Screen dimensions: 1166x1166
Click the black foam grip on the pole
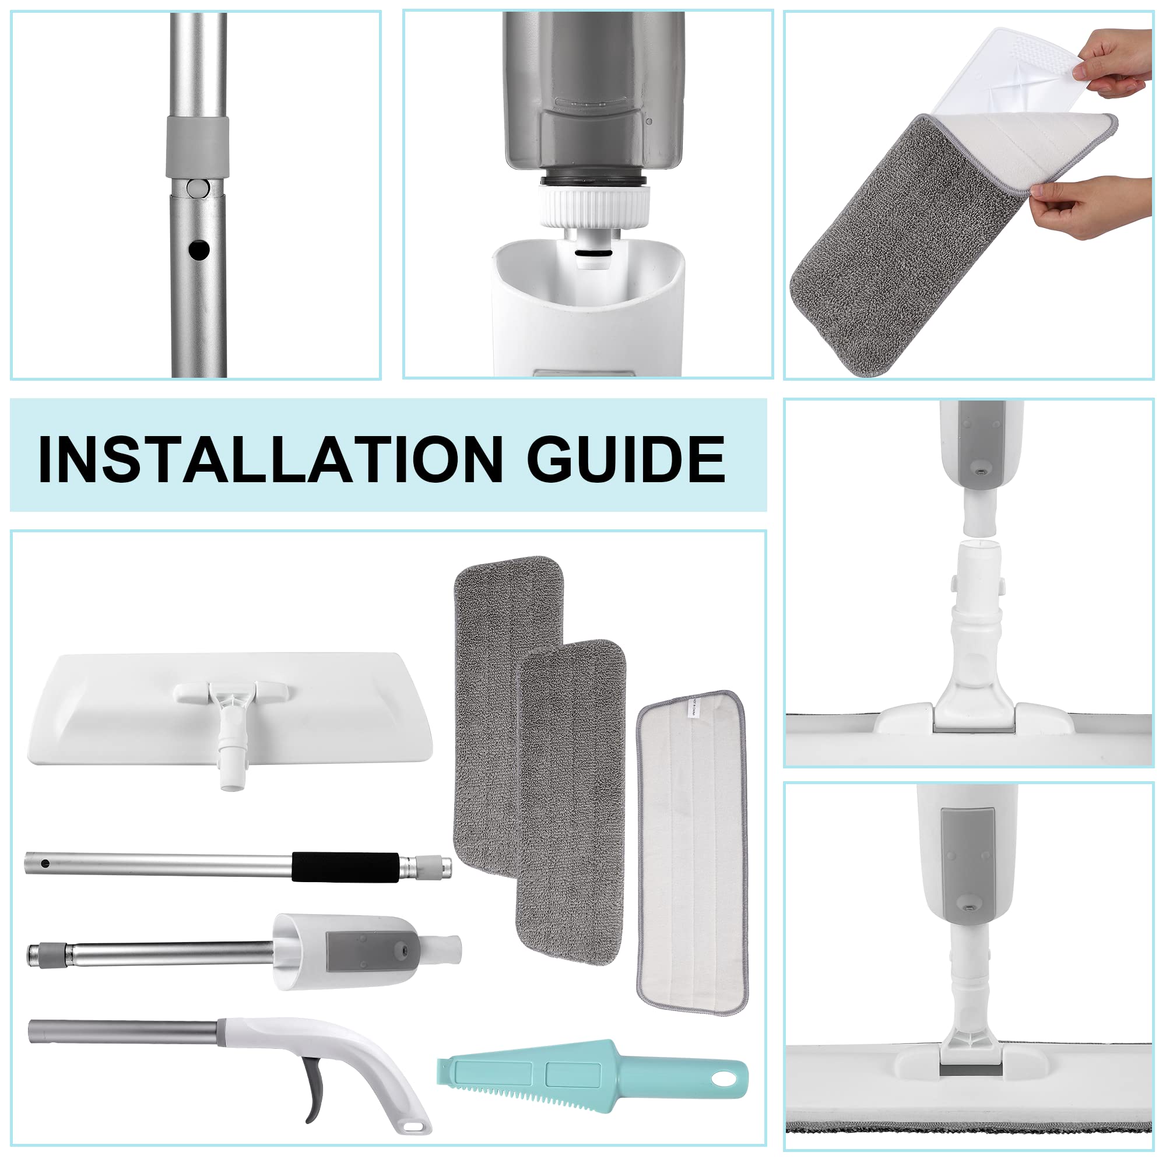(346, 868)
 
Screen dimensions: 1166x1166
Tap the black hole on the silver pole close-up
(199, 250)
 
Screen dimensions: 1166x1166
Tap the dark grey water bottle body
(595, 90)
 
